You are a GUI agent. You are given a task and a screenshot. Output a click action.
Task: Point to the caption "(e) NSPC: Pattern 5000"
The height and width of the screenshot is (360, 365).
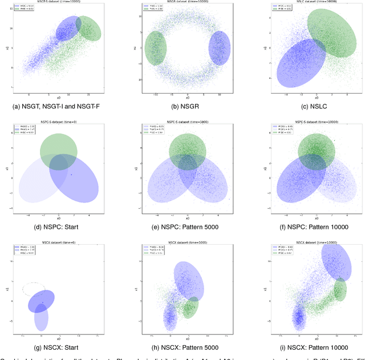(188, 227)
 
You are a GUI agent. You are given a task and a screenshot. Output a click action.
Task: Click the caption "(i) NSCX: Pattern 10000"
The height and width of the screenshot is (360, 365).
(316, 347)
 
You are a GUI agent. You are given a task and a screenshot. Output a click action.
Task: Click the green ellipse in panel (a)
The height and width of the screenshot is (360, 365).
(90, 28)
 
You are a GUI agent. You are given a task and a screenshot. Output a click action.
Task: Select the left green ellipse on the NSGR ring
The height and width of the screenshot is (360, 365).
(155, 47)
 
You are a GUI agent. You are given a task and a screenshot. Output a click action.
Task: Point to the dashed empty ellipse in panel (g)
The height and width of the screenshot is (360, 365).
(32, 289)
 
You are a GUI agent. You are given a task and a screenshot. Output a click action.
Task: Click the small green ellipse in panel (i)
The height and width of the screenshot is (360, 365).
(340, 290)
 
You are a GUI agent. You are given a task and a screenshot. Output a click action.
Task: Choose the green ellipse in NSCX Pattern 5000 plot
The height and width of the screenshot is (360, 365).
(191, 308)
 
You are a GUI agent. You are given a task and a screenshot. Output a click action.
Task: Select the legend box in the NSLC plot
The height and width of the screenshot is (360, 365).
(281, 8)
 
